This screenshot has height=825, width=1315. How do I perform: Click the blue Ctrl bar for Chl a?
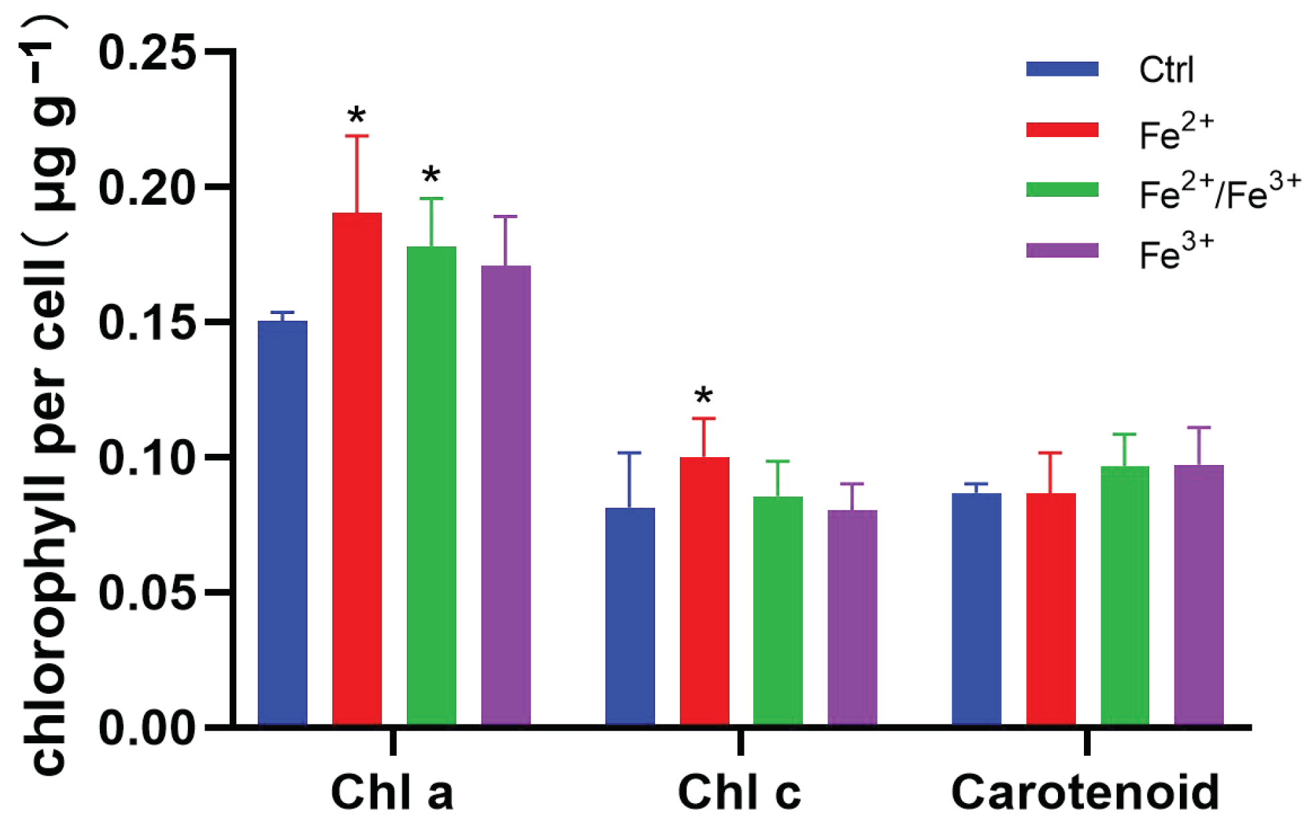click(x=282, y=522)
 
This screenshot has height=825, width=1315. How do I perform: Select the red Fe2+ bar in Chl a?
click(x=357, y=469)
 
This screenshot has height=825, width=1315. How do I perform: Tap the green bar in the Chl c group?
click(x=778, y=610)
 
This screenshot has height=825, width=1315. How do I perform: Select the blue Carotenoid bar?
click(x=976, y=609)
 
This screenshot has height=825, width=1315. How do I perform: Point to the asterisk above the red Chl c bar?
click(x=703, y=397)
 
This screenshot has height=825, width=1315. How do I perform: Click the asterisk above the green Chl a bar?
click(x=431, y=176)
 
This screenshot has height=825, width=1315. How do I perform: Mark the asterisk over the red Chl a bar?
click(x=357, y=116)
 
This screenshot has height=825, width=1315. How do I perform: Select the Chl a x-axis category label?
click(x=392, y=792)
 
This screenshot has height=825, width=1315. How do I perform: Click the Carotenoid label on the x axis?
click(x=1085, y=792)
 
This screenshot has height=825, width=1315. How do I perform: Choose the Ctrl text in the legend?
click(x=1166, y=69)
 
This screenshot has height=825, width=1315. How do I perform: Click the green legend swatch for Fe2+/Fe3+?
click(x=1062, y=190)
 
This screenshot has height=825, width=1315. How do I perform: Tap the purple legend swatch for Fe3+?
click(x=1062, y=250)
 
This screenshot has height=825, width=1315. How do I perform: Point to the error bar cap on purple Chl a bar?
click(x=505, y=217)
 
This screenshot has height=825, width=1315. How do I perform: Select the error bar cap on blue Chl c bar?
click(x=629, y=453)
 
